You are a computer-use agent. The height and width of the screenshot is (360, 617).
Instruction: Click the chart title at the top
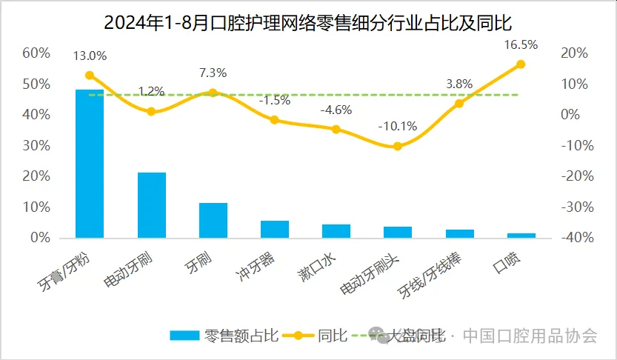307,21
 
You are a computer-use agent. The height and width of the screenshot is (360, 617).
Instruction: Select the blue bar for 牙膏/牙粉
90,163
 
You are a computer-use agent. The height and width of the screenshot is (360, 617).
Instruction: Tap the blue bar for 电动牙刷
151,204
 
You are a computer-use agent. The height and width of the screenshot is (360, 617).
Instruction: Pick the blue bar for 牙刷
213,220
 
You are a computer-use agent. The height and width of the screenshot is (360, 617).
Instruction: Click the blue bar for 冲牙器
274,230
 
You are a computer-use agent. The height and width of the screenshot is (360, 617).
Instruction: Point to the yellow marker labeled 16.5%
520,64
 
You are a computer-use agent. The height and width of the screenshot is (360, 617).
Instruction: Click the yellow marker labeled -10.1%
397,146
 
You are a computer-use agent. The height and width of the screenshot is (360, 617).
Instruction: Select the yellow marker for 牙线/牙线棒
458,104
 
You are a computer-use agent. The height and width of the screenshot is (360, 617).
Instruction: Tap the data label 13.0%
90,56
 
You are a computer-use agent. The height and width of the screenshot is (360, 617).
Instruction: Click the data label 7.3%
213,73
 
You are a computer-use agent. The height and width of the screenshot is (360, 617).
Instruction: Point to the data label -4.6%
336,110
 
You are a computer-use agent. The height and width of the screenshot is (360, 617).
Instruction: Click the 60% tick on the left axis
36,53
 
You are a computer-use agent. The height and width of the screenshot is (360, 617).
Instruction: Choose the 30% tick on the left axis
36,146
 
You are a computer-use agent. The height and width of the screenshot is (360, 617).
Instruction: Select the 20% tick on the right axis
575,53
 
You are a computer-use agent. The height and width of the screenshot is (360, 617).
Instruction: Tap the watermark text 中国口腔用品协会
530,336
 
